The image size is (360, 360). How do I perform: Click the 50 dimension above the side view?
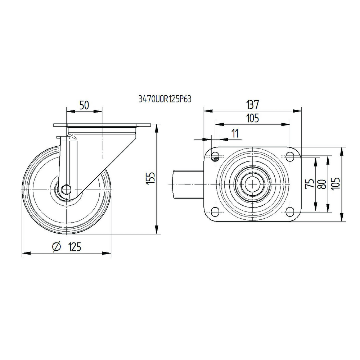pyautogui.click(x=84, y=105)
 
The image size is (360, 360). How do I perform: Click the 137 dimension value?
pyautogui.click(x=252, y=105)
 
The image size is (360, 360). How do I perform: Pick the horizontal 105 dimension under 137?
pyautogui.click(x=252, y=118)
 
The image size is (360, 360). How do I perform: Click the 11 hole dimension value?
pyautogui.click(x=235, y=133)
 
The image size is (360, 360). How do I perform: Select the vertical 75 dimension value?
pyautogui.click(x=309, y=183)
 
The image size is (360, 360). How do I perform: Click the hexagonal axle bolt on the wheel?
pyautogui.click(x=66, y=190)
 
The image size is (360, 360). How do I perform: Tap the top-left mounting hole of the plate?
pyautogui.click(x=215, y=156)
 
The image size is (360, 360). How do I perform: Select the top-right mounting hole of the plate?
pyautogui.click(x=290, y=156)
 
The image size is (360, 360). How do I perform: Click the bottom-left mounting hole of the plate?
pyautogui.click(x=215, y=211)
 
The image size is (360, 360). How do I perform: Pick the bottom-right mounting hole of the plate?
pyautogui.click(x=290, y=211)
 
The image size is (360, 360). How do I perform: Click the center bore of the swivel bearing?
pyautogui.click(x=253, y=183)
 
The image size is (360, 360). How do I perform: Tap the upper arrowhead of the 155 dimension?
pyautogui.click(x=157, y=128)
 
